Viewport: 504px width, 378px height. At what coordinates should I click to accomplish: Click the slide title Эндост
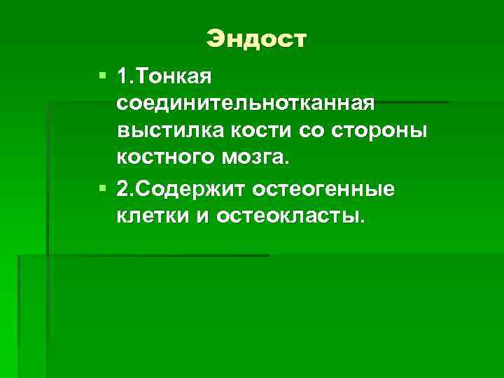[x=256, y=39]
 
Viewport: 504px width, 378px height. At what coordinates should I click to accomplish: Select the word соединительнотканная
[x=246, y=104]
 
